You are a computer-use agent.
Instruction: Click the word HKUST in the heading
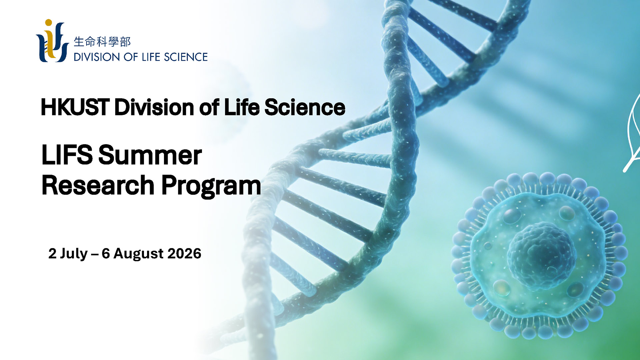(75, 107)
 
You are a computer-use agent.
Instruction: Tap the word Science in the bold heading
(305, 107)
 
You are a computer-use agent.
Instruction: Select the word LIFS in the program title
(67, 155)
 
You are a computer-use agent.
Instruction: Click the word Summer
(150, 155)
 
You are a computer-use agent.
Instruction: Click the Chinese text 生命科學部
(102, 42)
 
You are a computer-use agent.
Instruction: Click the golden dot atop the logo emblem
(49, 23)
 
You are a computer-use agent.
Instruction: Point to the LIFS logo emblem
(52, 41)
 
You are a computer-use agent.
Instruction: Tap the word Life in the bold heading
(242, 107)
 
